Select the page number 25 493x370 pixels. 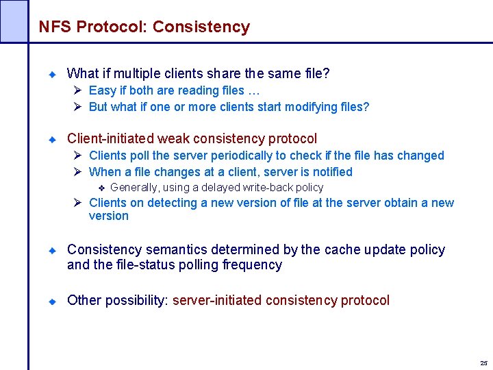click(483, 362)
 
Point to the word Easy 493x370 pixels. click(102, 90)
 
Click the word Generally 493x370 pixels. click(136, 188)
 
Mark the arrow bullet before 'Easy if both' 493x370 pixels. click(79, 90)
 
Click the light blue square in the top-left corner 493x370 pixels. click(14, 21)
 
